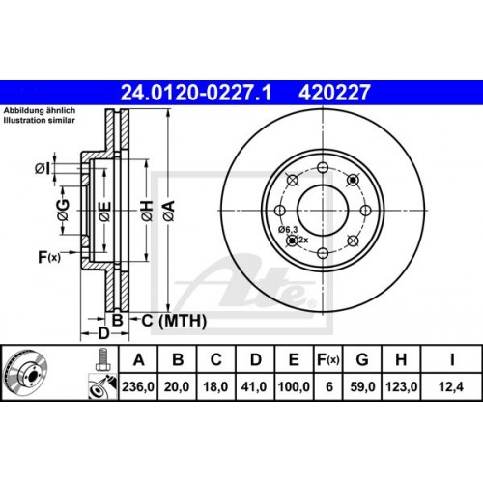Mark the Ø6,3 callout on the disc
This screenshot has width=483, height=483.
pos(290,229)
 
